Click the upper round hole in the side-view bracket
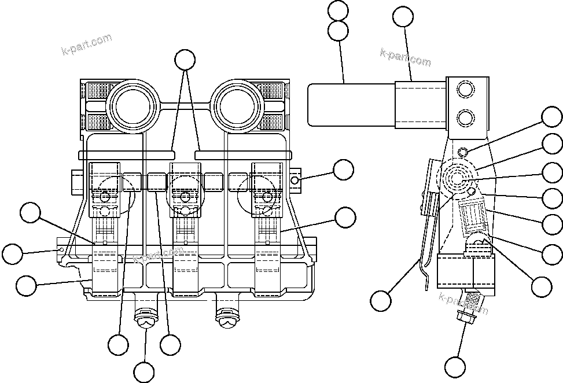(465, 90)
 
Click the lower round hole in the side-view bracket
(465, 119)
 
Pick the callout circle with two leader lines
(185, 60)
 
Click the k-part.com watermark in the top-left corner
(87, 45)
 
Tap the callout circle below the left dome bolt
(144, 371)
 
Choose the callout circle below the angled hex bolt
(455, 367)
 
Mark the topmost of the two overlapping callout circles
(338, 11)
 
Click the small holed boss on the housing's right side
(296, 180)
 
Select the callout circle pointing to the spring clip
(381, 301)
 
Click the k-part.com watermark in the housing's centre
(159, 255)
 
